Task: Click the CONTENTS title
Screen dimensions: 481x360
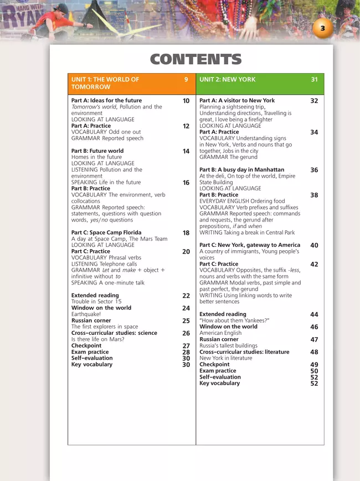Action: click(x=196, y=60)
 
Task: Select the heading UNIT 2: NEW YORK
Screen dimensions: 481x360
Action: click(x=228, y=80)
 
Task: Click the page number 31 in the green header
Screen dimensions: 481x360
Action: click(x=314, y=80)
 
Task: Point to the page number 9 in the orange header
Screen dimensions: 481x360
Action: click(x=186, y=80)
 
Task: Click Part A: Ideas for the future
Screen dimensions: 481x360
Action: click(x=106, y=101)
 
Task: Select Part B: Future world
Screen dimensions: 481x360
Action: click(x=97, y=151)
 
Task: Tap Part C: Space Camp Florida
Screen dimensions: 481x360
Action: click(x=106, y=233)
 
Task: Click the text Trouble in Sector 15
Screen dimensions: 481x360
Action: click(x=96, y=302)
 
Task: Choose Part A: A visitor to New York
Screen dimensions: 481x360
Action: click(x=236, y=101)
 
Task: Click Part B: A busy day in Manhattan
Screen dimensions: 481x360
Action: click(x=241, y=170)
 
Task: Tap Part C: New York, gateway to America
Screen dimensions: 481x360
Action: click(x=250, y=245)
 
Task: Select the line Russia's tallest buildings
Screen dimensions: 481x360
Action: click(x=228, y=345)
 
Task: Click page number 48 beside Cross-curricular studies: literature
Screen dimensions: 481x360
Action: click(x=314, y=352)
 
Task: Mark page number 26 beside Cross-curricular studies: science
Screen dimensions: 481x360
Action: click(x=186, y=333)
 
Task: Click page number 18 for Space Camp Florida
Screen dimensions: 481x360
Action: click(x=186, y=234)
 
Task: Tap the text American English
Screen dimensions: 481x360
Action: click(x=220, y=333)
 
